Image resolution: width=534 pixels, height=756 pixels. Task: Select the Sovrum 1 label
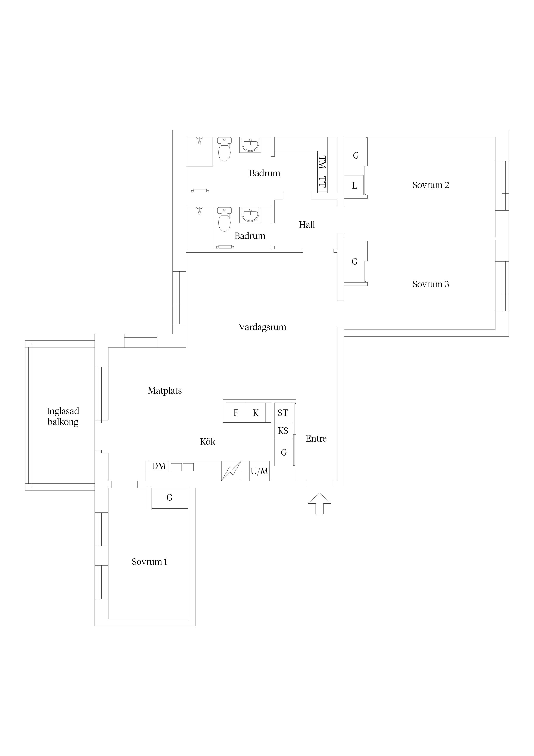(x=150, y=562)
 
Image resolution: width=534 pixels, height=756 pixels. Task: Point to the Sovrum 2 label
(x=431, y=185)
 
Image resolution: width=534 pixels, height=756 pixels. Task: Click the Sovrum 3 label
(x=431, y=284)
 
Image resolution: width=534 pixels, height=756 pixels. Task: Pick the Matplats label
(x=165, y=391)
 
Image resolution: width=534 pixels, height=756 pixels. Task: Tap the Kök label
(x=208, y=442)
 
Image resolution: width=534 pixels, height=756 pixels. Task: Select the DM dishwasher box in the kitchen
(x=159, y=466)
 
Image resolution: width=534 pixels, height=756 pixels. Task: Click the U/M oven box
(x=260, y=471)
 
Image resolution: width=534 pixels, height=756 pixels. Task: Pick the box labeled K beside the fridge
(x=256, y=413)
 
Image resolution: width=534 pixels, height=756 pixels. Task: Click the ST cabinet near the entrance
(x=283, y=413)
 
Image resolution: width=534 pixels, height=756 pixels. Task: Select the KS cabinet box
(x=283, y=431)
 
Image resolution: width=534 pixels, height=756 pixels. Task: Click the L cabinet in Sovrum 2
(x=354, y=185)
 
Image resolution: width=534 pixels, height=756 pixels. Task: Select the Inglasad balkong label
(x=63, y=417)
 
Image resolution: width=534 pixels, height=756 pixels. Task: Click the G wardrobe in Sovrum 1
(x=169, y=498)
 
